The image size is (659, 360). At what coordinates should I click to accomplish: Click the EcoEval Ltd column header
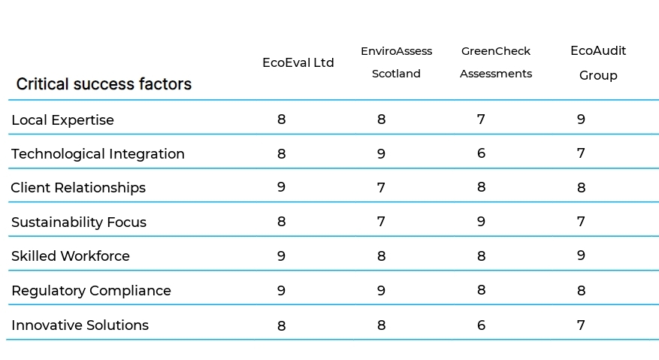click(298, 62)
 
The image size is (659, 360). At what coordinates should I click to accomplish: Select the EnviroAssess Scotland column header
click(396, 62)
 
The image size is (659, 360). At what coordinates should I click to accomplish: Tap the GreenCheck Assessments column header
click(495, 62)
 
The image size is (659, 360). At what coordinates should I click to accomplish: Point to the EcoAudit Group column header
click(598, 63)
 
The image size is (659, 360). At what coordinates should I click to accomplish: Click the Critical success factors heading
click(104, 84)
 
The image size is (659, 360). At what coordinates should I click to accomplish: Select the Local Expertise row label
click(63, 120)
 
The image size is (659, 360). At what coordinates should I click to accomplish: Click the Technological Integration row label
click(98, 154)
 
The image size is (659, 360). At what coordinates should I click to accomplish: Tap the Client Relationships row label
click(78, 188)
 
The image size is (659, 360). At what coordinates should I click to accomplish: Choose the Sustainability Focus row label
click(79, 222)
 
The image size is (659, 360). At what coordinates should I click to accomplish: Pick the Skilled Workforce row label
click(71, 256)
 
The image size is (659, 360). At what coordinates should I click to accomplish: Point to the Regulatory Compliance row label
click(91, 291)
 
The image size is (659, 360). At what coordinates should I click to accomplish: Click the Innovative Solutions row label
click(80, 325)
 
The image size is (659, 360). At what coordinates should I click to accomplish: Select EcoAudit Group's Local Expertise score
click(581, 119)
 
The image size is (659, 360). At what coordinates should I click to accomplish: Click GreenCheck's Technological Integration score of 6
click(481, 153)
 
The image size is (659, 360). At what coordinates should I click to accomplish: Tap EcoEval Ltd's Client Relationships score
click(282, 187)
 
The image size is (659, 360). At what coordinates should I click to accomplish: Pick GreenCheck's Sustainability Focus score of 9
click(481, 222)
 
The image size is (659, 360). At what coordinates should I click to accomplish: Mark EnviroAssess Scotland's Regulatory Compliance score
click(381, 290)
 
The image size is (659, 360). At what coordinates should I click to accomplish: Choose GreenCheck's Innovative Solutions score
click(481, 325)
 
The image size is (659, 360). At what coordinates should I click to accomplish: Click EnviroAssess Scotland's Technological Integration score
click(381, 153)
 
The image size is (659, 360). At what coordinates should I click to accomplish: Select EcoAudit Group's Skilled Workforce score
click(581, 256)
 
